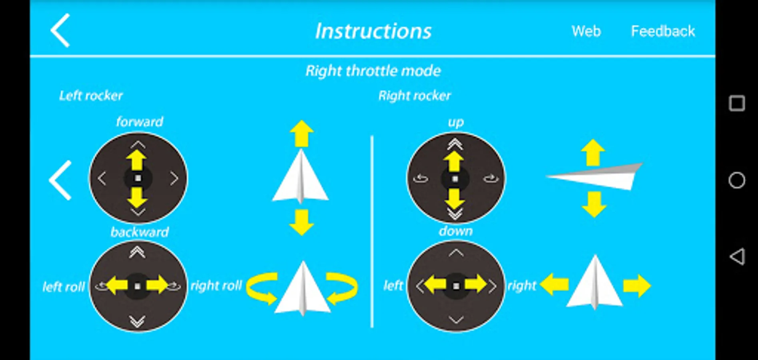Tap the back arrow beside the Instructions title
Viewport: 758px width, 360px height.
(x=60, y=30)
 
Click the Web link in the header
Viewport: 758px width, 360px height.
(x=586, y=31)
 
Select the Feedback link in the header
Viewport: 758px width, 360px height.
(x=663, y=31)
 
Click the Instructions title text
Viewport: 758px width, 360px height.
(x=373, y=31)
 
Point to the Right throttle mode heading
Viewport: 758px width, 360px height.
(x=373, y=71)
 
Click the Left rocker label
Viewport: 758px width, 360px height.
(x=91, y=96)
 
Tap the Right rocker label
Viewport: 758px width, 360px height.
(x=415, y=96)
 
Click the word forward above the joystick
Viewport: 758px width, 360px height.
(x=140, y=122)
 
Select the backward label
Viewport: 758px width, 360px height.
(x=140, y=232)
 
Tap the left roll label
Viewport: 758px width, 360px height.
(x=64, y=287)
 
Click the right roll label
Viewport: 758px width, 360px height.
(x=216, y=286)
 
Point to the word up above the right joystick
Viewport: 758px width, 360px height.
(x=456, y=122)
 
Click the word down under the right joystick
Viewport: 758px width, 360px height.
(x=456, y=231)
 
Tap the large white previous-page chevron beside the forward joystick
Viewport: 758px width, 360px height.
(x=60, y=180)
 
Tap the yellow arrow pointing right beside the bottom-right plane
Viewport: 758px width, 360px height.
(x=637, y=286)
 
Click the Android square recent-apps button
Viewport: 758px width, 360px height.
(x=737, y=103)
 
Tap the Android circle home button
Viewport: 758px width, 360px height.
(x=737, y=180)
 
